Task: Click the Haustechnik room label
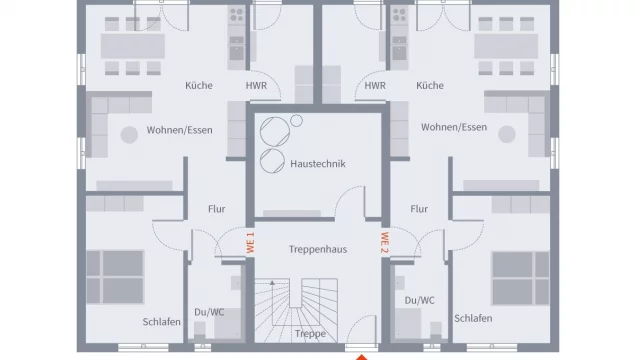317,164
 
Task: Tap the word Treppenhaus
317,249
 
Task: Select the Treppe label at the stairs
310,334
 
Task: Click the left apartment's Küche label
198,86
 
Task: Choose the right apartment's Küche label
431,86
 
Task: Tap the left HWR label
256,86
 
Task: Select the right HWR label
375,86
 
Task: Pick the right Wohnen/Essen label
454,128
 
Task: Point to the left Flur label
217,210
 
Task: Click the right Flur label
418,210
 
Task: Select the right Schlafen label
472,318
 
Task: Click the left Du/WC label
209,312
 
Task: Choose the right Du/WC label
420,300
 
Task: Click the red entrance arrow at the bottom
363,354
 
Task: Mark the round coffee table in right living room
508,135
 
